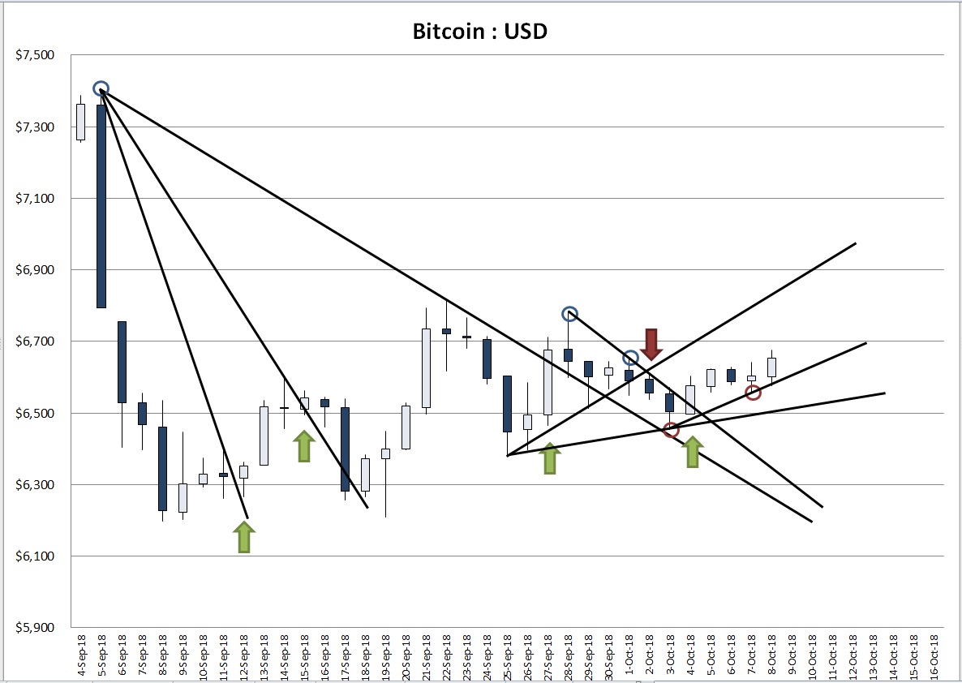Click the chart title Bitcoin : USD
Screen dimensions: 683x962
pyautogui.click(x=480, y=32)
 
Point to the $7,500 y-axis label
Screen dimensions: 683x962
pyautogui.click(x=35, y=55)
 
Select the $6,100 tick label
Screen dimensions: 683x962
pyautogui.click(x=35, y=556)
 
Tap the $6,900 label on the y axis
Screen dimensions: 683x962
pyautogui.click(x=35, y=270)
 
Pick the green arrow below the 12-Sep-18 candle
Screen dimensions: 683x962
pyautogui.click(x=243, y=538)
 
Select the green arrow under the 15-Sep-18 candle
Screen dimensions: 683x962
pyautogui.click(x=304, y=446)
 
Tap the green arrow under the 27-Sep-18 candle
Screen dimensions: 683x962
pyautogui.click(x=550, y=458)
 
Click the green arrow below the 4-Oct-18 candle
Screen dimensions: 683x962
pyautogui.click(x=692, y=452)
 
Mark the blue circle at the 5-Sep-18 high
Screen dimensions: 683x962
pyautogui.click(x=101, y=88)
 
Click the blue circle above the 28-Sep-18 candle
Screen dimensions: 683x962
pyautogui.click(x=569, y=314)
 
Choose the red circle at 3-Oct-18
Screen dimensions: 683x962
pyautogui.click(x=671, y=430)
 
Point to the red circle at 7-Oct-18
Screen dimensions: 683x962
pyautogui.click(x=753, y=393)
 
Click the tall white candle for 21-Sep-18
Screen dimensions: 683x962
pyautogui.click(x=426, y=367)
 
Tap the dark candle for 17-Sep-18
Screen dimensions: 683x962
pyautogui.click(x=345, y=449)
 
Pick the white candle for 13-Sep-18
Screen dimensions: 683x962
pyautogui.click(x=264, y=436)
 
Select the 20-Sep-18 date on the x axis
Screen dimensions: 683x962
pyautogui.click(x=406, y=657)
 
